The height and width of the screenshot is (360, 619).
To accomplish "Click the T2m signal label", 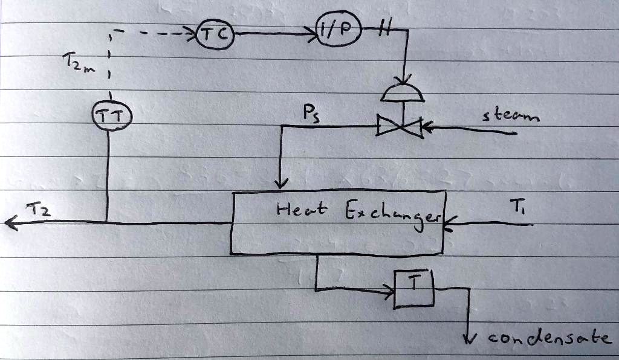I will [x=78, y=62].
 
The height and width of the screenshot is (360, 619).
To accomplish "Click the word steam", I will [x=511, y=115].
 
